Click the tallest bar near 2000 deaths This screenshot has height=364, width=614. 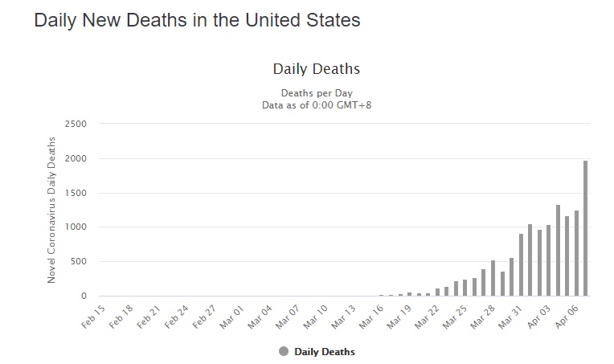click(585, 229)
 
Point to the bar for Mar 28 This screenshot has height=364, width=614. click(493, 278)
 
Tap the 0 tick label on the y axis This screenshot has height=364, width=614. click(82, 297)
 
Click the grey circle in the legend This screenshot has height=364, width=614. click(284, 351)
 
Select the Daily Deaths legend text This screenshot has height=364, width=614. click(325, 352)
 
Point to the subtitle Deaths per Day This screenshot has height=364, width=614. click(316, 92)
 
